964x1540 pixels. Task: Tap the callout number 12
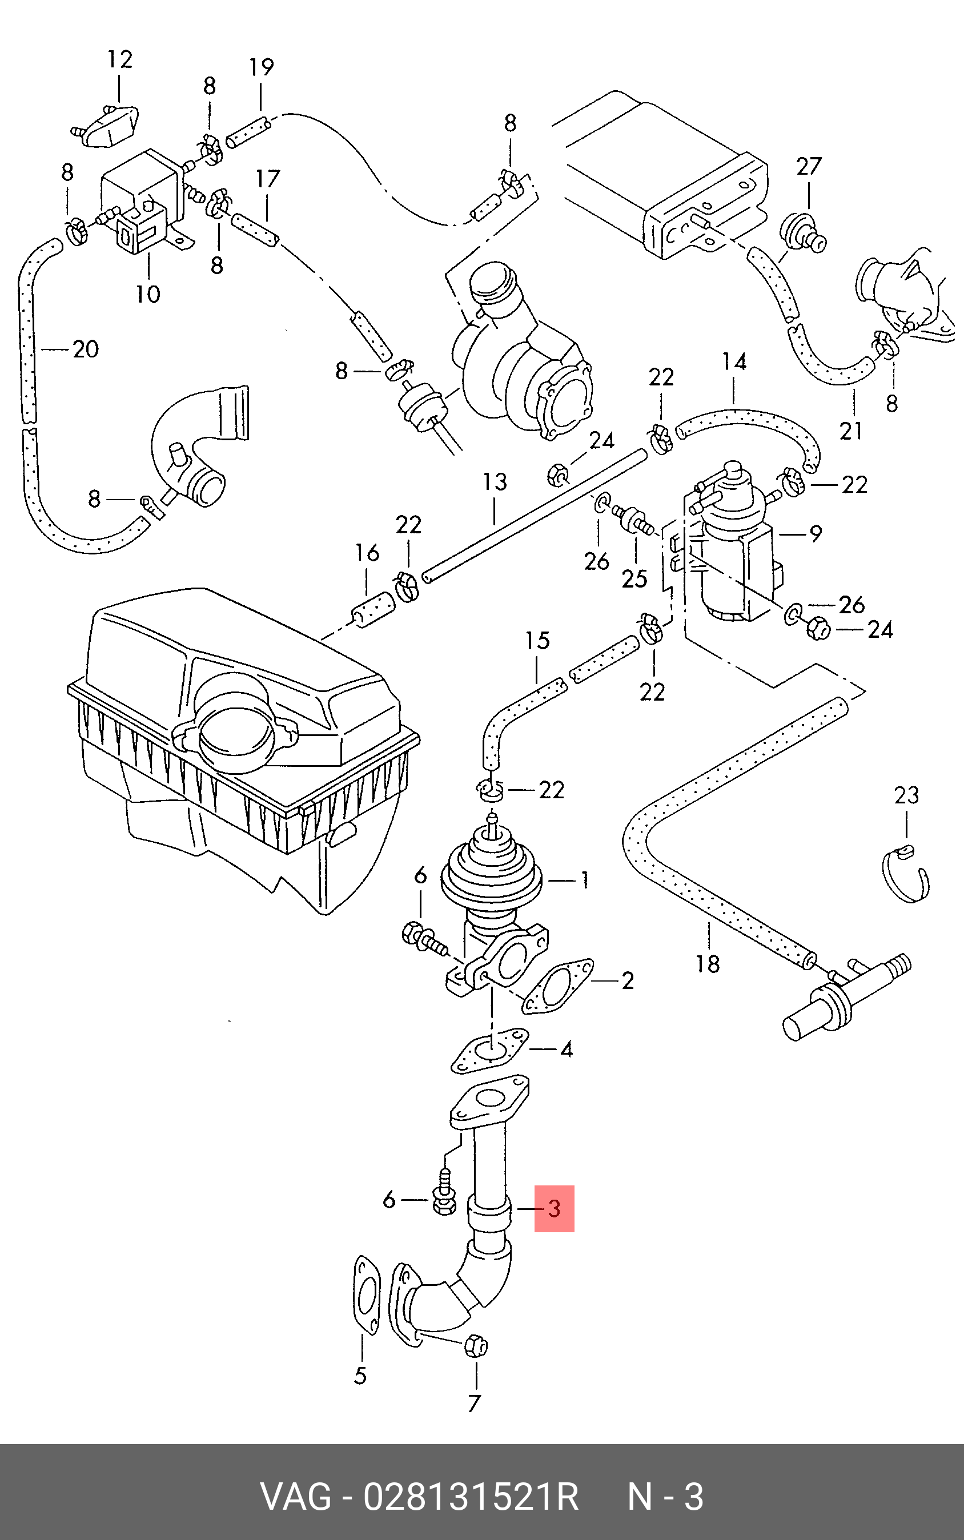click(x=120, y=59)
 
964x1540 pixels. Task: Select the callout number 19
click(x=262, y=67)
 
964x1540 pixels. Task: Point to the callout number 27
click(x=809, y=166)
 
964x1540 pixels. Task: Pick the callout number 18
click(x=708, y=964)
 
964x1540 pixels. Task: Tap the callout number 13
click(x=495, y=482)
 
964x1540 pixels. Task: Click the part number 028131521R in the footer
click(x=471, y=1496)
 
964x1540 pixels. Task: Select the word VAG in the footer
click(x=296, y=1496)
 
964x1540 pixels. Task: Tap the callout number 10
click(x=148, y=294)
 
